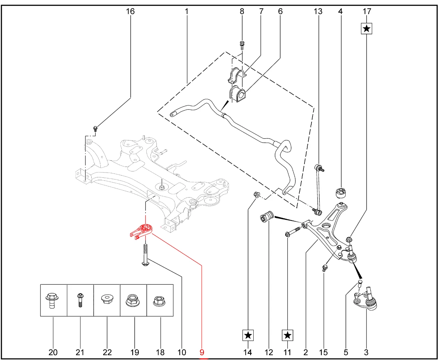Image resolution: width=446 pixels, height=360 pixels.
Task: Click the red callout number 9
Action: (202, 352)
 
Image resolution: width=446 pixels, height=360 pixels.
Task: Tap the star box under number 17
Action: (367, 28)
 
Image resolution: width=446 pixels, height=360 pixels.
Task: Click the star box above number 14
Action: (248, 335)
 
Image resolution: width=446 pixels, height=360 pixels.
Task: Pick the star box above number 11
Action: (287, 335)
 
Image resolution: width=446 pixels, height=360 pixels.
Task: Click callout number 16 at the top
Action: (130, 12)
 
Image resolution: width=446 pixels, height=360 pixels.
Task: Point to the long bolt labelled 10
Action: (145, 254)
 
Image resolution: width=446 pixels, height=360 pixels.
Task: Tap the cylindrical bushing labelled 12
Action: (268, 217)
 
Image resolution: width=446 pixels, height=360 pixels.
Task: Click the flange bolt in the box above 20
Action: (52, 300)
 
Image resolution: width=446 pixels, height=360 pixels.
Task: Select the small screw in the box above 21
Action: (80, 300)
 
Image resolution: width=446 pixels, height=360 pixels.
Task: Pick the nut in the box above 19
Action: (133, 300)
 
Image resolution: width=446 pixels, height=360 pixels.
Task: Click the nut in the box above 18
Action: (160, 300)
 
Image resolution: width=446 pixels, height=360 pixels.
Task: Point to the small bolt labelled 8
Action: (242, 45)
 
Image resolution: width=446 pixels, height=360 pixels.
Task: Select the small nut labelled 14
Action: (256, 194)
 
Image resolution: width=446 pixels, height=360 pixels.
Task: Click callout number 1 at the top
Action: (186, 12)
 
